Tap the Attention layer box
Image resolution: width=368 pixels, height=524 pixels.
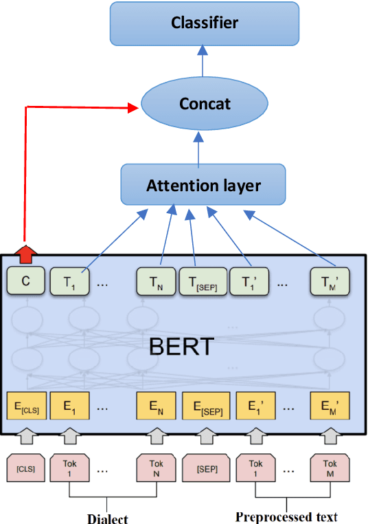click(203, 186)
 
